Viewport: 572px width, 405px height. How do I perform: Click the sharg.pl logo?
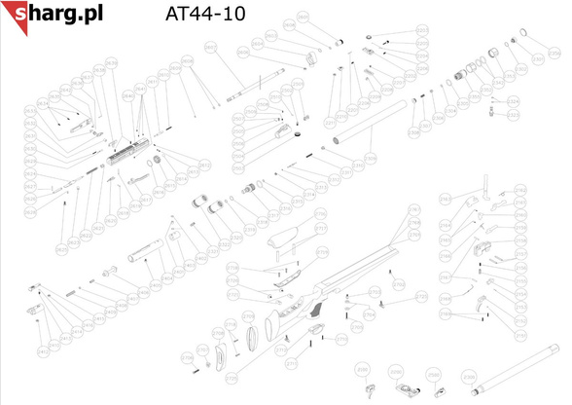pos(53,14)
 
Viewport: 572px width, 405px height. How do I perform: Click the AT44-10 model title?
pos(206,15)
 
